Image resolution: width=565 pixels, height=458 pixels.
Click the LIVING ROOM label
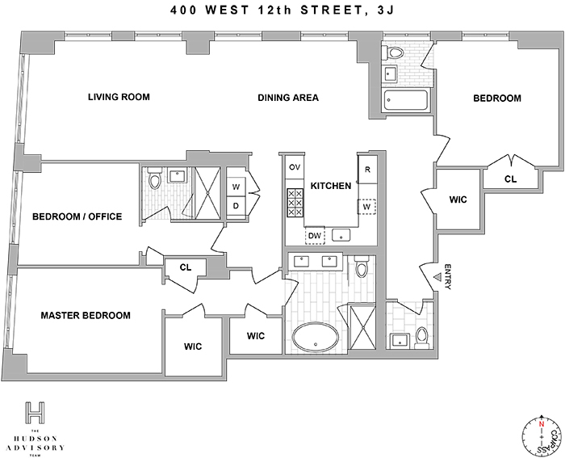119,98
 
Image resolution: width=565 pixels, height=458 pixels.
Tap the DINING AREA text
288,98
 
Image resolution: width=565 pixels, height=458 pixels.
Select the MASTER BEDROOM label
86,315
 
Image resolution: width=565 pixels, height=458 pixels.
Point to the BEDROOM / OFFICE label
77,216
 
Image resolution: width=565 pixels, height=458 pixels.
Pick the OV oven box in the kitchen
295,166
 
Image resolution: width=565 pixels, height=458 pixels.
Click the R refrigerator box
367,170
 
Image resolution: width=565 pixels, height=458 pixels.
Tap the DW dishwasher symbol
315,235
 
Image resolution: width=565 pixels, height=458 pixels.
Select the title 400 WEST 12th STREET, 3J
282,11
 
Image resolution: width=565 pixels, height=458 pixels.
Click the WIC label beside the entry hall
458,201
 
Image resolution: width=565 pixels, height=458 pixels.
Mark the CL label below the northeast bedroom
511,179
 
